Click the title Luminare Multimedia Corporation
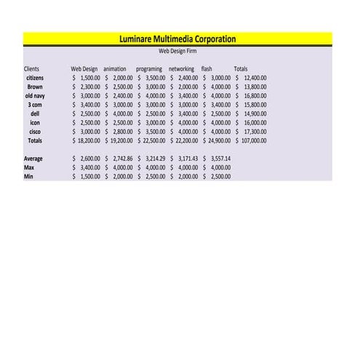(x=177, y=39)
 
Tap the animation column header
(x=115, y=69)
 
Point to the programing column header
(x=149, y=69)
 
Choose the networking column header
(x=181, y=69)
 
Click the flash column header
(x=207, y=69)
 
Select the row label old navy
(x=35, y=95)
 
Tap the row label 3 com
(x=35, y=105)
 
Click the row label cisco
(x=35, y=132)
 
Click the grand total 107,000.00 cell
(x=252, y=140)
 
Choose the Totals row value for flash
(x=217, y=140)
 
